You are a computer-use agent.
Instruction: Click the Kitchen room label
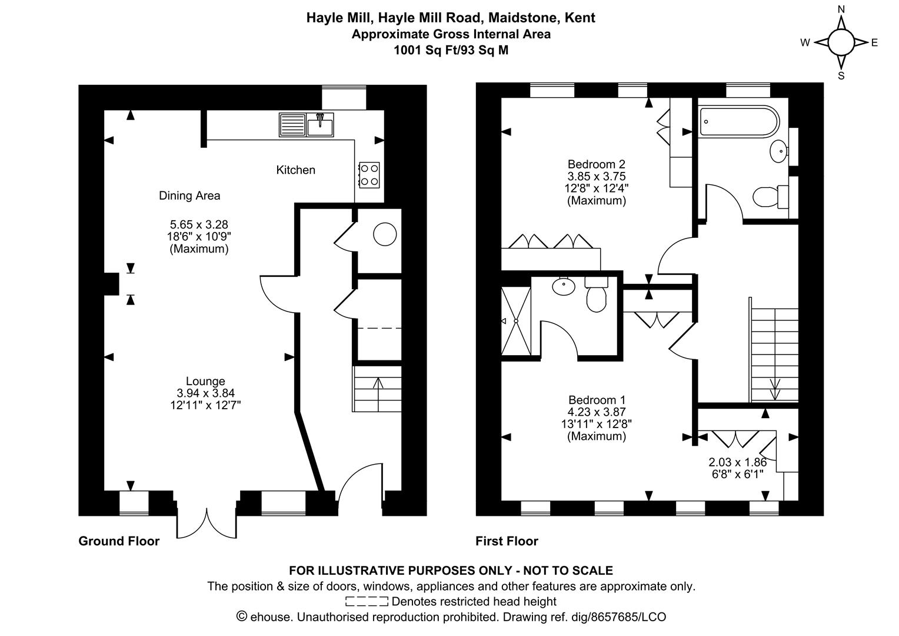tap(295, 170)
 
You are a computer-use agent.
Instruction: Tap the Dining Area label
tap(189, 196)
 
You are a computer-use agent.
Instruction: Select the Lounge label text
tap(205, 381)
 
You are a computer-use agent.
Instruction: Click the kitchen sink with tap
tap(320, 124)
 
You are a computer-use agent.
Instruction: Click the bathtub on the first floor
tap(739, 121)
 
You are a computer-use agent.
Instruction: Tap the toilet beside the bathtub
tap(771, 197)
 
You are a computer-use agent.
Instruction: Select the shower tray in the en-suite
tap(516, 321)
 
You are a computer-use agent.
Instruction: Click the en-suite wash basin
tap(564, 286)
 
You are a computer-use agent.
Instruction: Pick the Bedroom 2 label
tap(597, 164)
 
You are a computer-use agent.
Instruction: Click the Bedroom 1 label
tap(597, 400)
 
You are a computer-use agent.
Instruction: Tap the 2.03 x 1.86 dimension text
tap(738, 462)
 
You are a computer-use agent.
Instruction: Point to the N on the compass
tap(841, 9)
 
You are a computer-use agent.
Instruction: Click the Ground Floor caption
tap(119, 541)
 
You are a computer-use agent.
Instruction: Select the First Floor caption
tap(507, 541)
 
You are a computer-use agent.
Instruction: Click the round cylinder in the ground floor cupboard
tap(385, 234)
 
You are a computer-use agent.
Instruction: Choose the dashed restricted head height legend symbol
tap(367, 601)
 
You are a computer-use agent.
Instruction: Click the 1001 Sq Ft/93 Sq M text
tap(451, 50)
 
